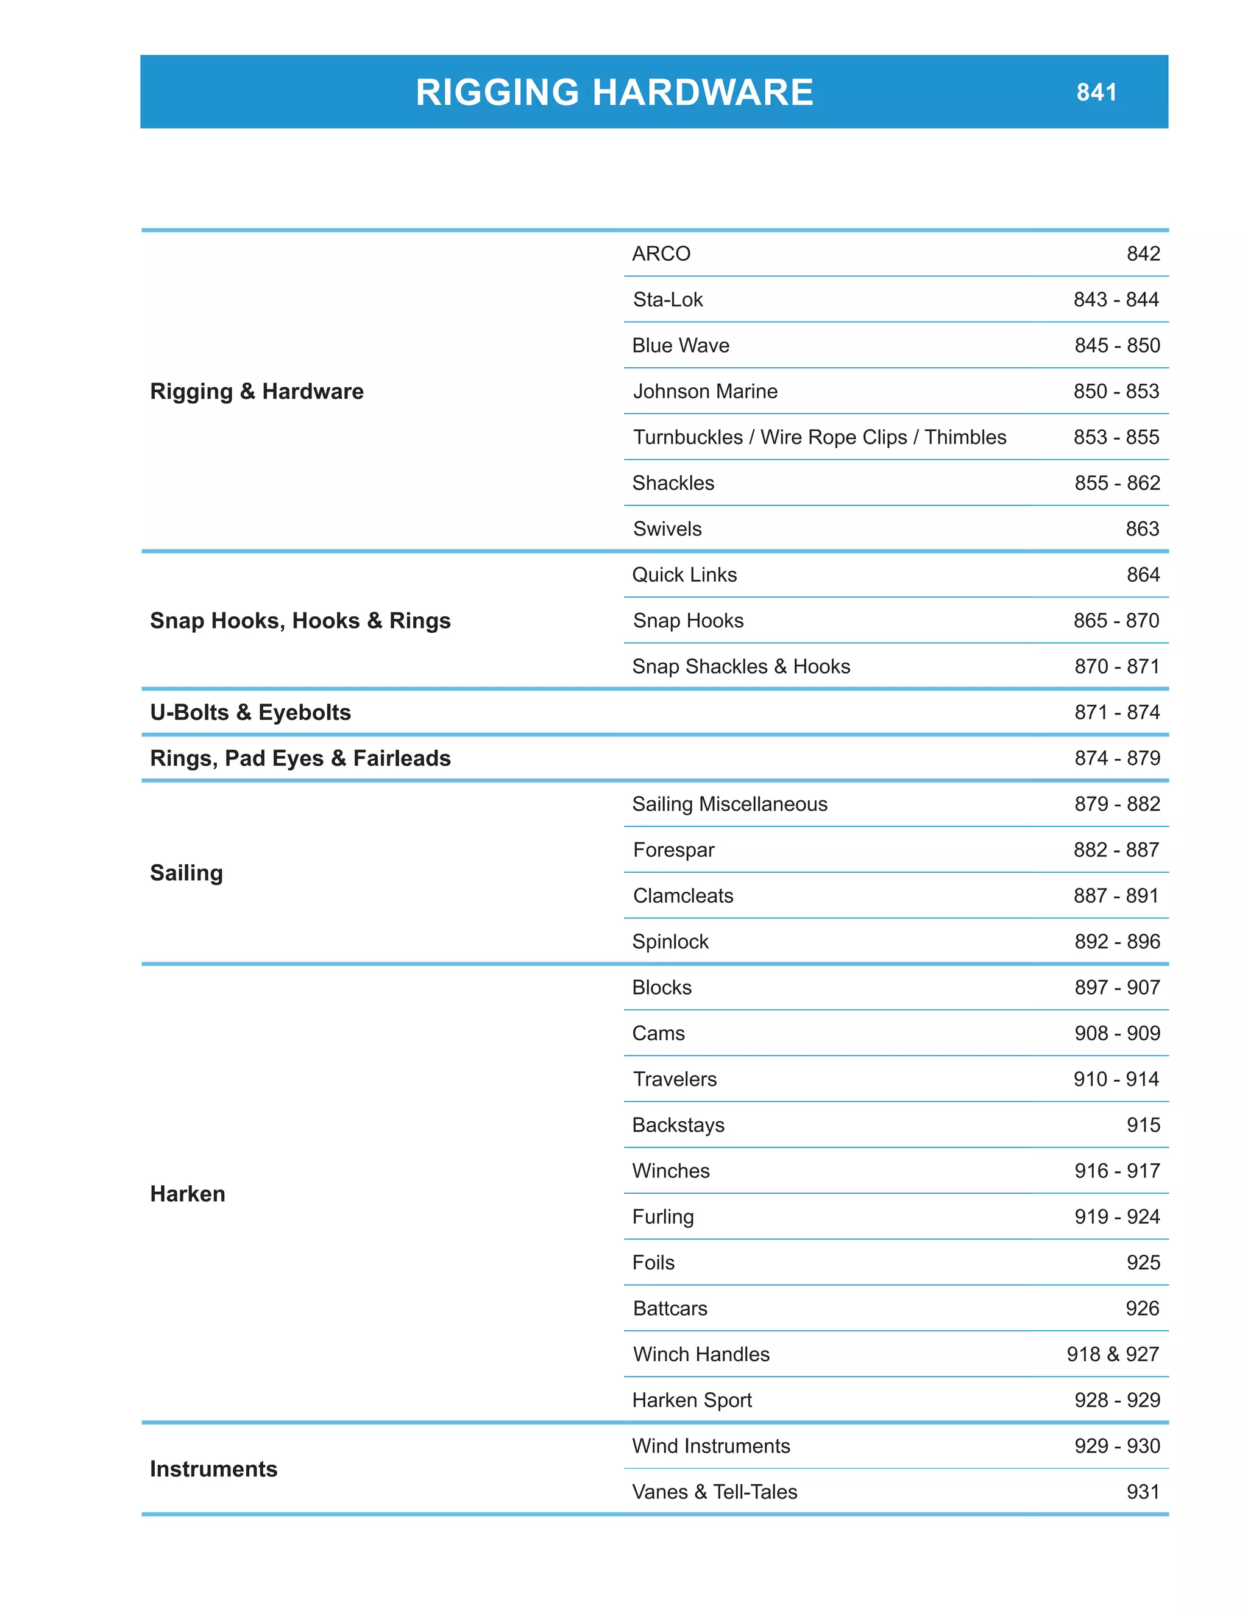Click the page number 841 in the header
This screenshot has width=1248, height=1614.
[1096, 93]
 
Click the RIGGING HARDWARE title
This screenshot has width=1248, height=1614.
[614, 93]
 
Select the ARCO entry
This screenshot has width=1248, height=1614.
[661, 253]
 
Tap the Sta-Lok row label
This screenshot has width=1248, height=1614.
[668, 299]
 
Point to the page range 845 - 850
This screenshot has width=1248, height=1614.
[1116, 345]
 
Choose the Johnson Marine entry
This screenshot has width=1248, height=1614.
[704, 391]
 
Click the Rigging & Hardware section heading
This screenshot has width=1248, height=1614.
[257, 391]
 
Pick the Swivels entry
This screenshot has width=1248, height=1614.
[667, 529]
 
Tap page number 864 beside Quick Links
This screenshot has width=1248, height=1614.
[1143, 574]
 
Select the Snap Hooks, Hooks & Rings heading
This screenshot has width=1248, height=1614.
[300, 620]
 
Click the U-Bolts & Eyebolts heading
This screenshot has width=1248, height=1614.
[250, 711]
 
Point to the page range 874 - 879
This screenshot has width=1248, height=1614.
[1116, 758]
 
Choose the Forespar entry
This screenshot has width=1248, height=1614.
[673, 849]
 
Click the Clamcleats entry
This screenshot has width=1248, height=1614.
[683, 895]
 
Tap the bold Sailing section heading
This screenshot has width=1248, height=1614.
[186, 873]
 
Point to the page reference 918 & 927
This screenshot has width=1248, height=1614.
[1112, 1354]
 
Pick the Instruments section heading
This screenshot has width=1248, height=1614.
[214, 1468]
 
